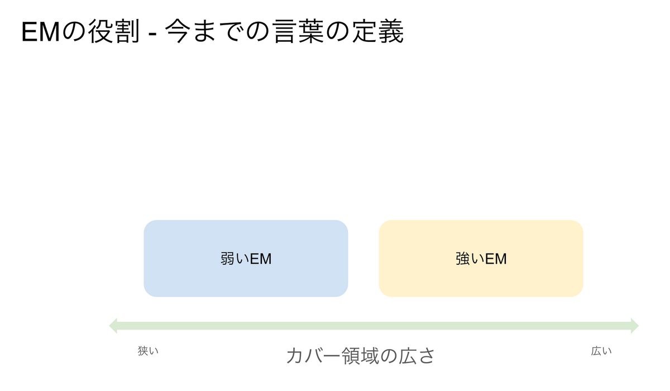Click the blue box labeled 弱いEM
pos(246,259)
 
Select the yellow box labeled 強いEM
pos(481,259)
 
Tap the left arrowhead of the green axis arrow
pos(113,326)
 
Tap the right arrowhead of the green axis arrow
pos(635,326)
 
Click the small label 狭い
pos(148,351)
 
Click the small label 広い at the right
pos(601,351)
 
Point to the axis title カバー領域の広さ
pos(361,356)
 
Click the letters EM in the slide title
pos(41,32)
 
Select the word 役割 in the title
pos(114,31)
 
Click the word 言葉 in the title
pos(299,31)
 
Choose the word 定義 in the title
pos(378,31)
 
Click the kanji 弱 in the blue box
pos(228,259)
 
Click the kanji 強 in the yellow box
pos(463,259)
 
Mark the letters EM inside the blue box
pos(261,259)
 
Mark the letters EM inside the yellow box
pos(496,259)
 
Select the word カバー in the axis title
pos(313,356)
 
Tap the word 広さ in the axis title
pos(417,356)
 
